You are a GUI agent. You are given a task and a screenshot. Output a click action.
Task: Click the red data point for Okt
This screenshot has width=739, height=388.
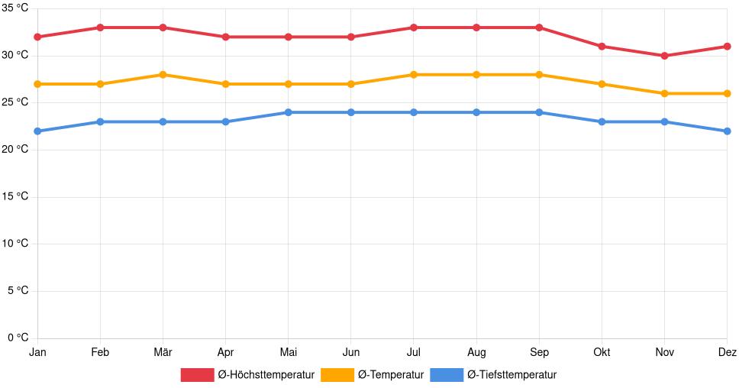(x=602, y=47)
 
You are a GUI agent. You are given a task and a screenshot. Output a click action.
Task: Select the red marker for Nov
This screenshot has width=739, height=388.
(x=664, y=56)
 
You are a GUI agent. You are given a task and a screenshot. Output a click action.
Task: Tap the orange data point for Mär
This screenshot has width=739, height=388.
(x=163, y=75)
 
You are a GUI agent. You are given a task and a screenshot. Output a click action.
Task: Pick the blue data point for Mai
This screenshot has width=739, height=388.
(x=288, y=112)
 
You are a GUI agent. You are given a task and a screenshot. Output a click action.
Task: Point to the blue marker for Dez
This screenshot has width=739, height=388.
(x=727, y=131)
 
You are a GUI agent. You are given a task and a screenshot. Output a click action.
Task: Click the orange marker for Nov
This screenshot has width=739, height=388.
(x=664, y=93)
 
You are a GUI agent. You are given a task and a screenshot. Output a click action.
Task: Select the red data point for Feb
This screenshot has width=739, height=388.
(x=100, y=27)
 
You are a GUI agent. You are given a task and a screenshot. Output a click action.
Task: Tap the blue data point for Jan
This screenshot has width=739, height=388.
(x=37, y=131)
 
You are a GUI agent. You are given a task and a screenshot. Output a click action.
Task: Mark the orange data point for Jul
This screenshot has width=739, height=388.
(x=413, y=75)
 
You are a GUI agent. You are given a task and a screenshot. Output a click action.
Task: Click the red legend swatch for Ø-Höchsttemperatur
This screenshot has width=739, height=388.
(x=197, y=375)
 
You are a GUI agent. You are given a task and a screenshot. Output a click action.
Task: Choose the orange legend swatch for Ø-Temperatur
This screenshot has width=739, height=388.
(x=337, y=375)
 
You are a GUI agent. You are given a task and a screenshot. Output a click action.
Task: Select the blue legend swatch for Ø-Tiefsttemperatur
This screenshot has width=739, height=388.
(x=447, y=375)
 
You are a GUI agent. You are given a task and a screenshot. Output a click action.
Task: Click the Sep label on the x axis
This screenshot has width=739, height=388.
(x=539, y=352)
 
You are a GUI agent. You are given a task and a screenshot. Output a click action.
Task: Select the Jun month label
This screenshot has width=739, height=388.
(x=350, y=352)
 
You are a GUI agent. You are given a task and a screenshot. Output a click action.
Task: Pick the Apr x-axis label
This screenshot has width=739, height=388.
(x=225, y=352)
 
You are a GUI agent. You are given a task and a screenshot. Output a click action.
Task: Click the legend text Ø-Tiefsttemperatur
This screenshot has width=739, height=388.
(x=511, y=375)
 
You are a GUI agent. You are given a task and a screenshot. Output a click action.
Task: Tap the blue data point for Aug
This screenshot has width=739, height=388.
(x=476, y=112)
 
